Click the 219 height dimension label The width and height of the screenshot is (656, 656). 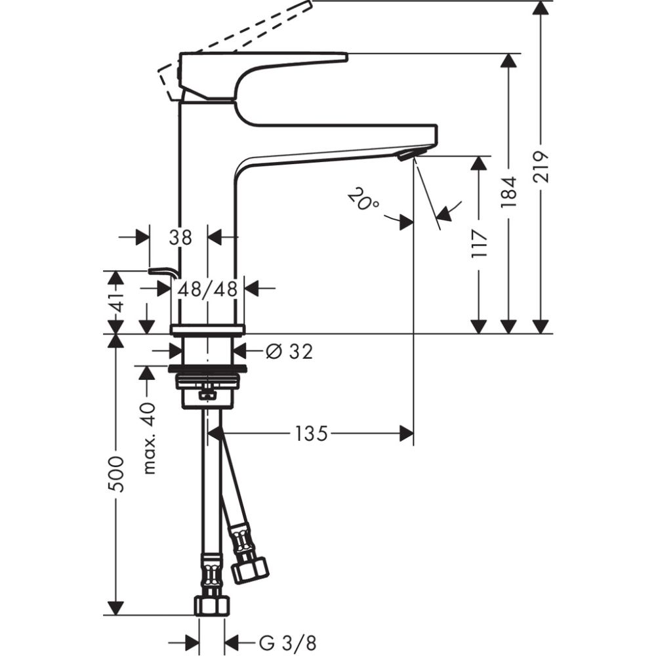[540, 169]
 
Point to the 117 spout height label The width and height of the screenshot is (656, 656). [480, 243]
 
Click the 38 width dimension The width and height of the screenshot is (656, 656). [180, 237]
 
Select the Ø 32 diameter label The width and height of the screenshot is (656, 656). [289, 352]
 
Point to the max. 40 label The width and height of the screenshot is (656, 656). [148, 438]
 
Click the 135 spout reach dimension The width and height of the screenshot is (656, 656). [311, 434]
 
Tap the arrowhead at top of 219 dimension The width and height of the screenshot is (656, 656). [540, 8]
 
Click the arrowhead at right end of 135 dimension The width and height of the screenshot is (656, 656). [407, 432]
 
